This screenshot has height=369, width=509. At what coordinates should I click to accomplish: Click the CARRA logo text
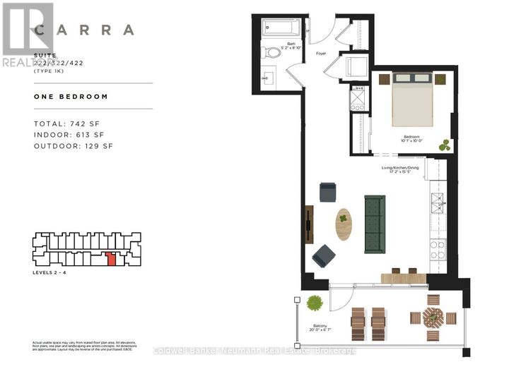point(84,30)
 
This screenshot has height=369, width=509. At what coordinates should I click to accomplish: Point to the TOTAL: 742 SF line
point(69,124)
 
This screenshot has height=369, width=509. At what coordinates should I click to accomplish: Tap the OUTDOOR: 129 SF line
point(74,146)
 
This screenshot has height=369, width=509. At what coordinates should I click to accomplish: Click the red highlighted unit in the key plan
point(110,258)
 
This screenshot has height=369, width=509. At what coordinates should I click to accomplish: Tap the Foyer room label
point(321,53)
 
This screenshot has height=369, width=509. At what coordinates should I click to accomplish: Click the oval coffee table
point(344,224)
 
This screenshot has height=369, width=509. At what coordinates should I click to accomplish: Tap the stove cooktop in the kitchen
point(438,248)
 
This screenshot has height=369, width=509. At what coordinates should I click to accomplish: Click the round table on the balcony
point(433,317)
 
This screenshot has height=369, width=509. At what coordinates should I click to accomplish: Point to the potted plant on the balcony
point(315,303)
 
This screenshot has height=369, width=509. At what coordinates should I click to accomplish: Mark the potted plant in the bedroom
point(445,145)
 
